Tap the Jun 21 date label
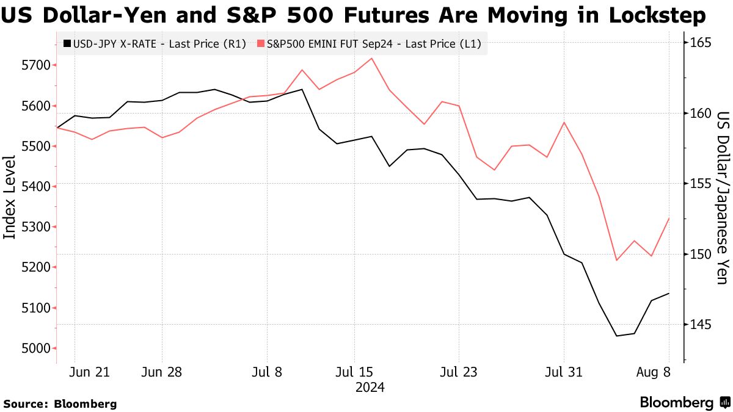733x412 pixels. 89,372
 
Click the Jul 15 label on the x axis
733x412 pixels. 354,372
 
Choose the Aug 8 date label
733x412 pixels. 654,372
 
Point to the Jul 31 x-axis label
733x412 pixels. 563,372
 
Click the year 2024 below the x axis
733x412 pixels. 370,387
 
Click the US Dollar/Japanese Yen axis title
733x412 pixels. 723,198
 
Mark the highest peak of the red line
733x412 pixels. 372,59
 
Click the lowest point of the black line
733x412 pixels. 617,336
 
